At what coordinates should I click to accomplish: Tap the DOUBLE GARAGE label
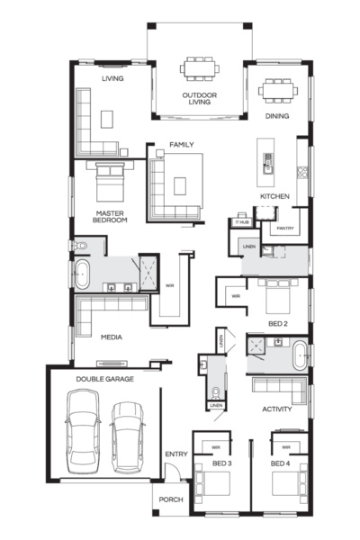click(104, 380)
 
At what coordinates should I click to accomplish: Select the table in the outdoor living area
click(198, 69)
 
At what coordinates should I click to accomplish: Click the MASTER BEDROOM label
click(111, 216)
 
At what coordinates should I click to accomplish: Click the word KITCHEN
click(274, 196)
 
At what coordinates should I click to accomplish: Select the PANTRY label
click(285, 229)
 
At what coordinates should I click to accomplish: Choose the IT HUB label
click(241, 221)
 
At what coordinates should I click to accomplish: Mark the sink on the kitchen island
click(267, 162)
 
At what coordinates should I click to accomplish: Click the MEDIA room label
click(112, 337)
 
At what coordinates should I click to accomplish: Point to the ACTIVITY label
click(275, 409)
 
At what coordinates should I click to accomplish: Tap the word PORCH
click(170, 500)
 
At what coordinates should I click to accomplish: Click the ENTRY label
click(175, 454)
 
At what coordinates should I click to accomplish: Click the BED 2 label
click(277, 322)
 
